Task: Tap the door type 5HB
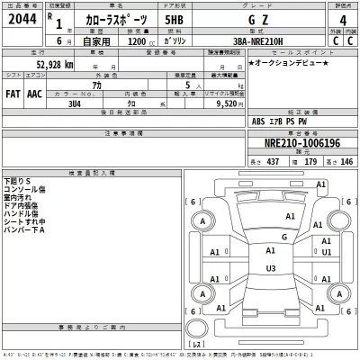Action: pos(175,24)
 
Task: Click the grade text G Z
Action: pos(249,24)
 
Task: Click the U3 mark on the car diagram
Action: pos(271,268)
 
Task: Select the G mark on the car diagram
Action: pos(284,237)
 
